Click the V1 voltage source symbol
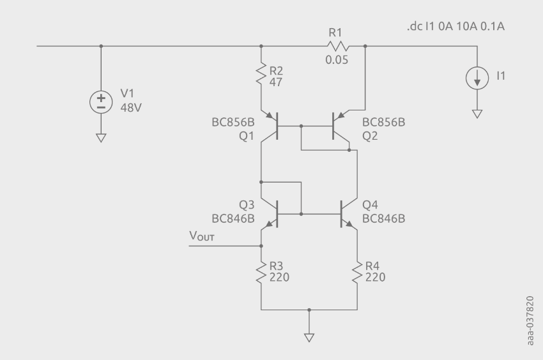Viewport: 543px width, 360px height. tap(101, 102)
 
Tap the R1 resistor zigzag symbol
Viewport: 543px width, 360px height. tap(337, 46)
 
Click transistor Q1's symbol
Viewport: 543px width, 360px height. tap(273, 126)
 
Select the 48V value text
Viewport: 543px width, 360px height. tap(131, 107)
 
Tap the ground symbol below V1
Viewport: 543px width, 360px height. tap(101, 137)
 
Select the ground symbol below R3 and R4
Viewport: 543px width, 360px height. tap(309, 337)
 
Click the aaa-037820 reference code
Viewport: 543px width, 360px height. tap(531, 319)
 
